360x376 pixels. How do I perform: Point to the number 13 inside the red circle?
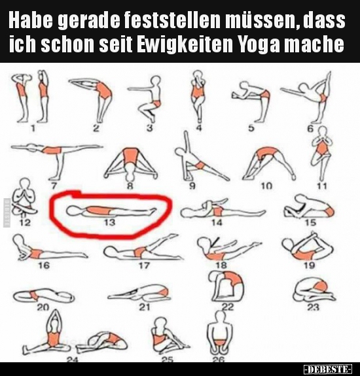109,222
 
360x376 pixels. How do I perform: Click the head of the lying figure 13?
73,211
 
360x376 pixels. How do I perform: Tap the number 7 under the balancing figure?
54,186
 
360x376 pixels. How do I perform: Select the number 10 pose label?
266,186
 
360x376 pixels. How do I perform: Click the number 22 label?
227,307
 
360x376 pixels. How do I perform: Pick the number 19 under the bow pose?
309,265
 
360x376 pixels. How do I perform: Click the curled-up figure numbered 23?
314,290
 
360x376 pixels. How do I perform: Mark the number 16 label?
44,265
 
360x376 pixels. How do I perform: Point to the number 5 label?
251,128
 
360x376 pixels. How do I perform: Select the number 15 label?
310,223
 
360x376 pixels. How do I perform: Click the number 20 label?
43,307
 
